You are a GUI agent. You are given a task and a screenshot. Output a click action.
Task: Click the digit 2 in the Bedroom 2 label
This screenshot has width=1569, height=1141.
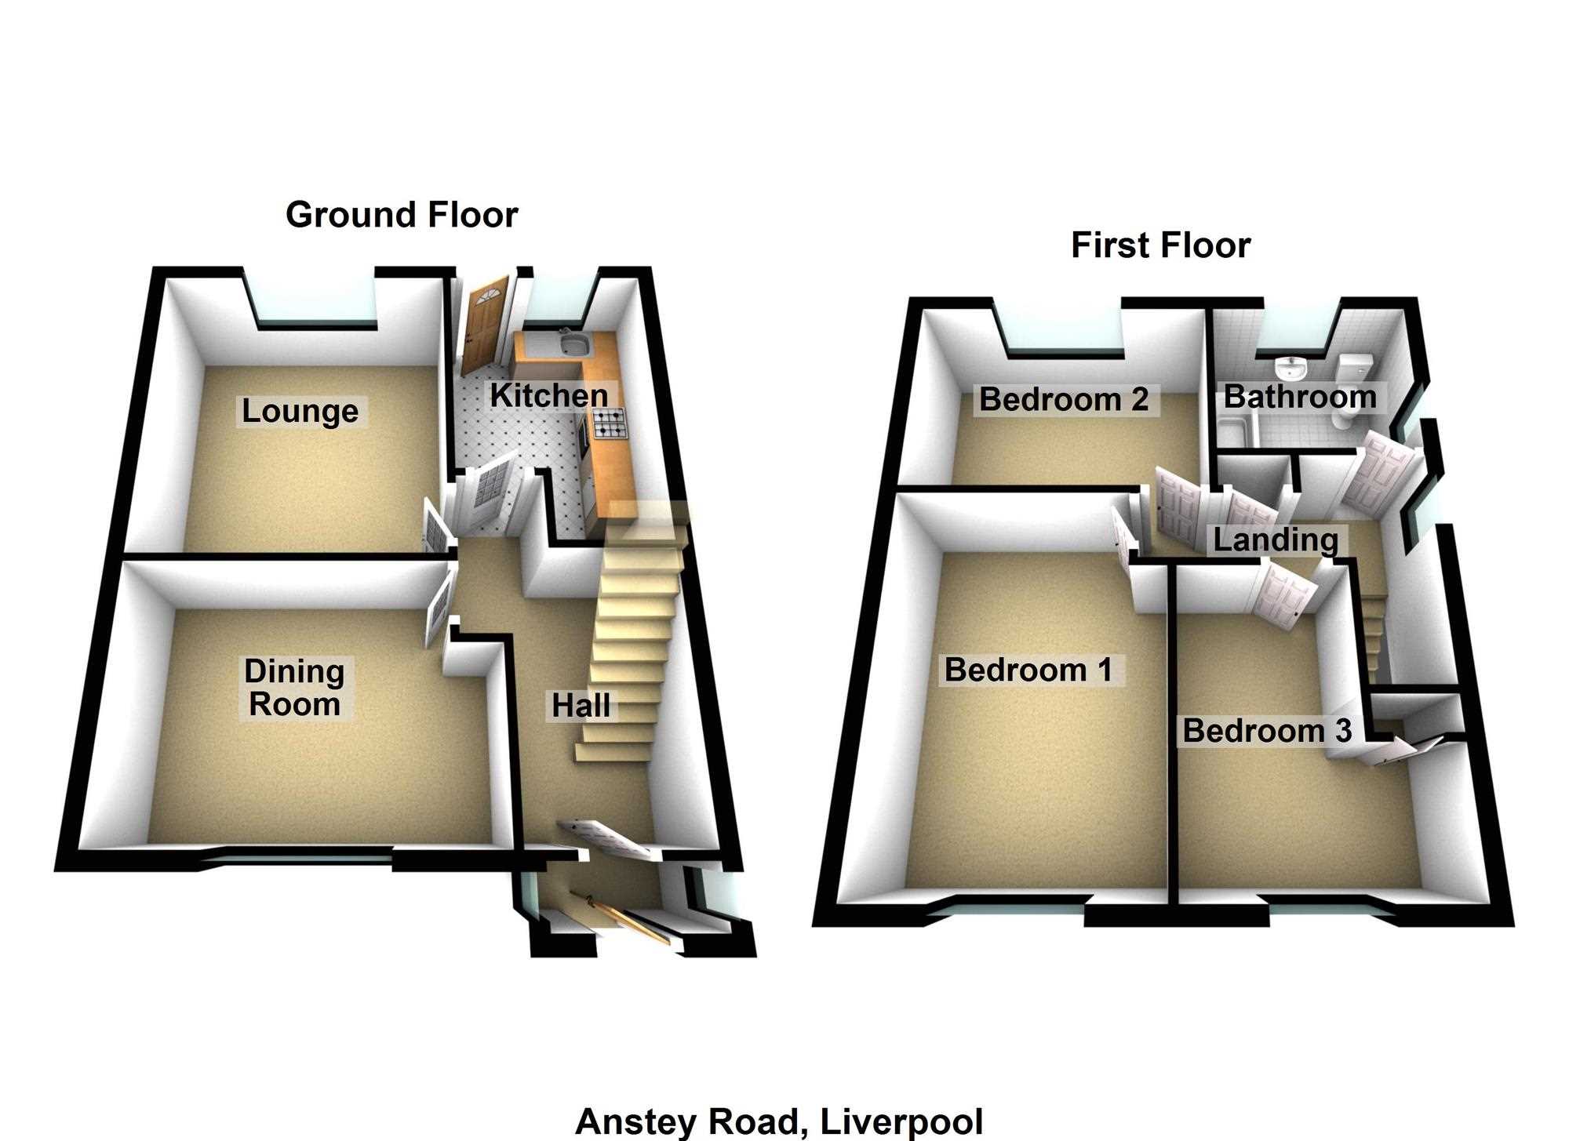[1140, 400]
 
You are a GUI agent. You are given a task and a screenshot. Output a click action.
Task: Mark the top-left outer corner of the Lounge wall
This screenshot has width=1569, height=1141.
[152, 268]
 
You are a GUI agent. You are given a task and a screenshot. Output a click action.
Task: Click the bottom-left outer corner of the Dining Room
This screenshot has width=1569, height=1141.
[55, 870]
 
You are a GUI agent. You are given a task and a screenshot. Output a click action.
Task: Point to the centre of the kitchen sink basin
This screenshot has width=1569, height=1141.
[574, 343]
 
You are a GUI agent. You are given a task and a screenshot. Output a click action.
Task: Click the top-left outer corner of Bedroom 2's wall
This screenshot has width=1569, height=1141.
[908, 299]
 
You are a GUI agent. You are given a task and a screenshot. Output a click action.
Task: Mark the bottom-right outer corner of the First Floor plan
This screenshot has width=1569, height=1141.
[1513, 925]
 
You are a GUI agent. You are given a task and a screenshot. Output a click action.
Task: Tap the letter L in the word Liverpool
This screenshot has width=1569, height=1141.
[828, 1122]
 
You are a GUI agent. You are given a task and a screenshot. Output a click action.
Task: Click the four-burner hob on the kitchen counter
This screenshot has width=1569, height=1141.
[609, 423]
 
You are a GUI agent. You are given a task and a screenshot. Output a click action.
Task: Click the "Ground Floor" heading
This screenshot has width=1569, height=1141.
[402, 215]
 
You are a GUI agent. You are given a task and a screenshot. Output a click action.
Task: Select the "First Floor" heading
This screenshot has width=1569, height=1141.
[1160, 245]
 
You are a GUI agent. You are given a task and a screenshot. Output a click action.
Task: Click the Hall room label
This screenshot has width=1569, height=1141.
[581, 706]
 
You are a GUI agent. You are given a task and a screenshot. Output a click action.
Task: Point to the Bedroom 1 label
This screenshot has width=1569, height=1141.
[1028, 670]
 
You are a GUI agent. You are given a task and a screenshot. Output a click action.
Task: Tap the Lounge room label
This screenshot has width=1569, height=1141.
[300, 412]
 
